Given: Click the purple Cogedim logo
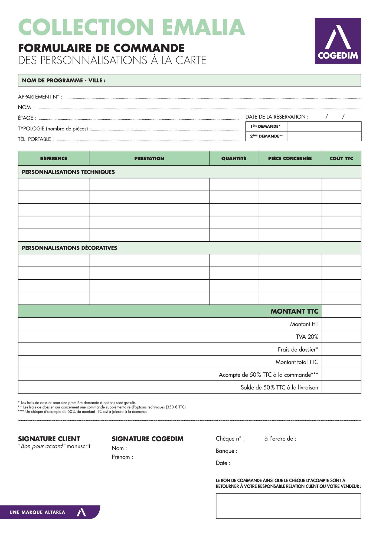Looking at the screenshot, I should tap(338, 41).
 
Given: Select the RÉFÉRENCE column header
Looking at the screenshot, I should tap(54, 158).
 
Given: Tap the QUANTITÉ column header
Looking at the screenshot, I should tap(234, 158).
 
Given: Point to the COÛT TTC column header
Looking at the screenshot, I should tap(341, 158).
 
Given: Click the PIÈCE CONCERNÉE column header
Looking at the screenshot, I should tap(290, 158).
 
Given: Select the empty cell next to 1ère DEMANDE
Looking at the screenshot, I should tap(324, 126).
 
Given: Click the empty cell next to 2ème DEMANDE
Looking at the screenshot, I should tap(324, 136).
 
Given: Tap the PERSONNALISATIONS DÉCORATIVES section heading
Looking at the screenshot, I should tap(69, 248).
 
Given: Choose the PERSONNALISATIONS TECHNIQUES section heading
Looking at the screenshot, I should tap(68, 172).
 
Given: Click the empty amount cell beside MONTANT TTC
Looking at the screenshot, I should tap(341, 311).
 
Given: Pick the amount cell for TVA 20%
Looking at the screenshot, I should tap(341, 337).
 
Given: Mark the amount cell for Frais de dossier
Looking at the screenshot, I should tap(341, 349).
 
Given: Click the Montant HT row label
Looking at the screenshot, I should tap(304, 324).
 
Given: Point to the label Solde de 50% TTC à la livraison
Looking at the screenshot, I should tap(279, 387).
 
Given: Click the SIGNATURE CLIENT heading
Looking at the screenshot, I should tap(49, 439).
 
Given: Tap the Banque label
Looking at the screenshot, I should tap(226, 451).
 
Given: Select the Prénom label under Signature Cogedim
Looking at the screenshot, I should tap(122, 457).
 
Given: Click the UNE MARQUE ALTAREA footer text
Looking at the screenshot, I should tap(37, 512).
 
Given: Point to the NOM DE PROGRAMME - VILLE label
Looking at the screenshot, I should tap(64, 81).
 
